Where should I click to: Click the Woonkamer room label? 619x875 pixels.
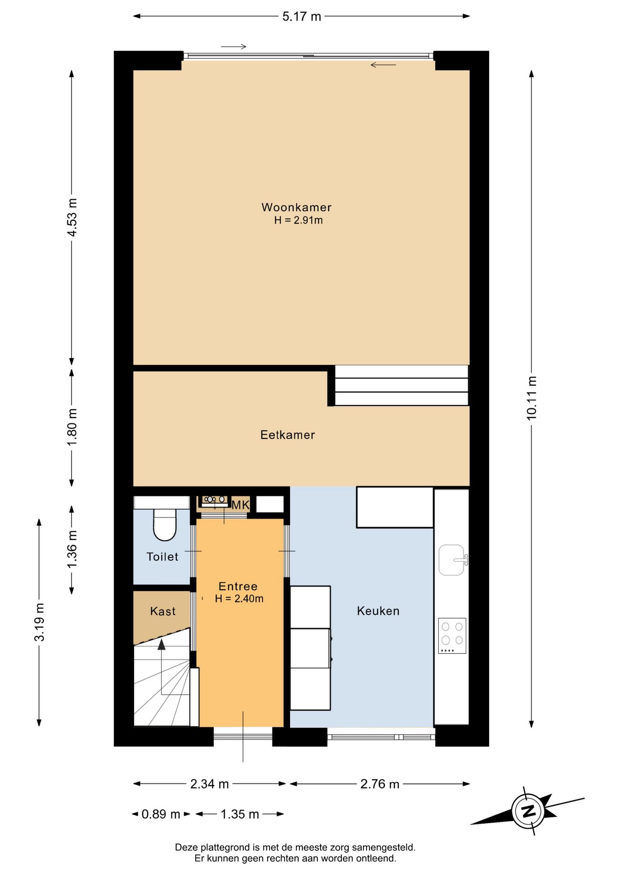[296, 207]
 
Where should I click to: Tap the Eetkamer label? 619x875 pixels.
[288, 435]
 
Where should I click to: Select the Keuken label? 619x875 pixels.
[378, 611]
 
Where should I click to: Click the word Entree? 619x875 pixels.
[238, 587]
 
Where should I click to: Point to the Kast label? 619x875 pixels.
[163, 611]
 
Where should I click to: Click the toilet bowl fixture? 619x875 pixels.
[165, 525]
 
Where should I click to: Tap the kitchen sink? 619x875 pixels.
[452, 560]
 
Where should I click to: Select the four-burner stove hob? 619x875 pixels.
[452, 636]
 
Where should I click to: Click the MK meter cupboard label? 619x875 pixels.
[241, 505]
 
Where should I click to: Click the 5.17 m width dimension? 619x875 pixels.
[302, 16]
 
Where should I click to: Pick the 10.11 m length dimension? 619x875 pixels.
[531, 398]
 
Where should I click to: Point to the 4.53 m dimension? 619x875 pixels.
[72, 217]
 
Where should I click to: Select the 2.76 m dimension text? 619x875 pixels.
[380, 784]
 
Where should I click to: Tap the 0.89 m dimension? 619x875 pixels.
[161, 814]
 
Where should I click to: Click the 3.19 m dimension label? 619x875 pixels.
[39, 622]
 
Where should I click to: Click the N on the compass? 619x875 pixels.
[528, 811]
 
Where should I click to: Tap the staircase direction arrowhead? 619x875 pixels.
[161, 644]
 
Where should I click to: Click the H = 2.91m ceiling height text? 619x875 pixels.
[299, 221]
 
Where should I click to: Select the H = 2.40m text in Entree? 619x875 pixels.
[239, 599]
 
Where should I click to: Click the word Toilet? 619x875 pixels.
[162, 556]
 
